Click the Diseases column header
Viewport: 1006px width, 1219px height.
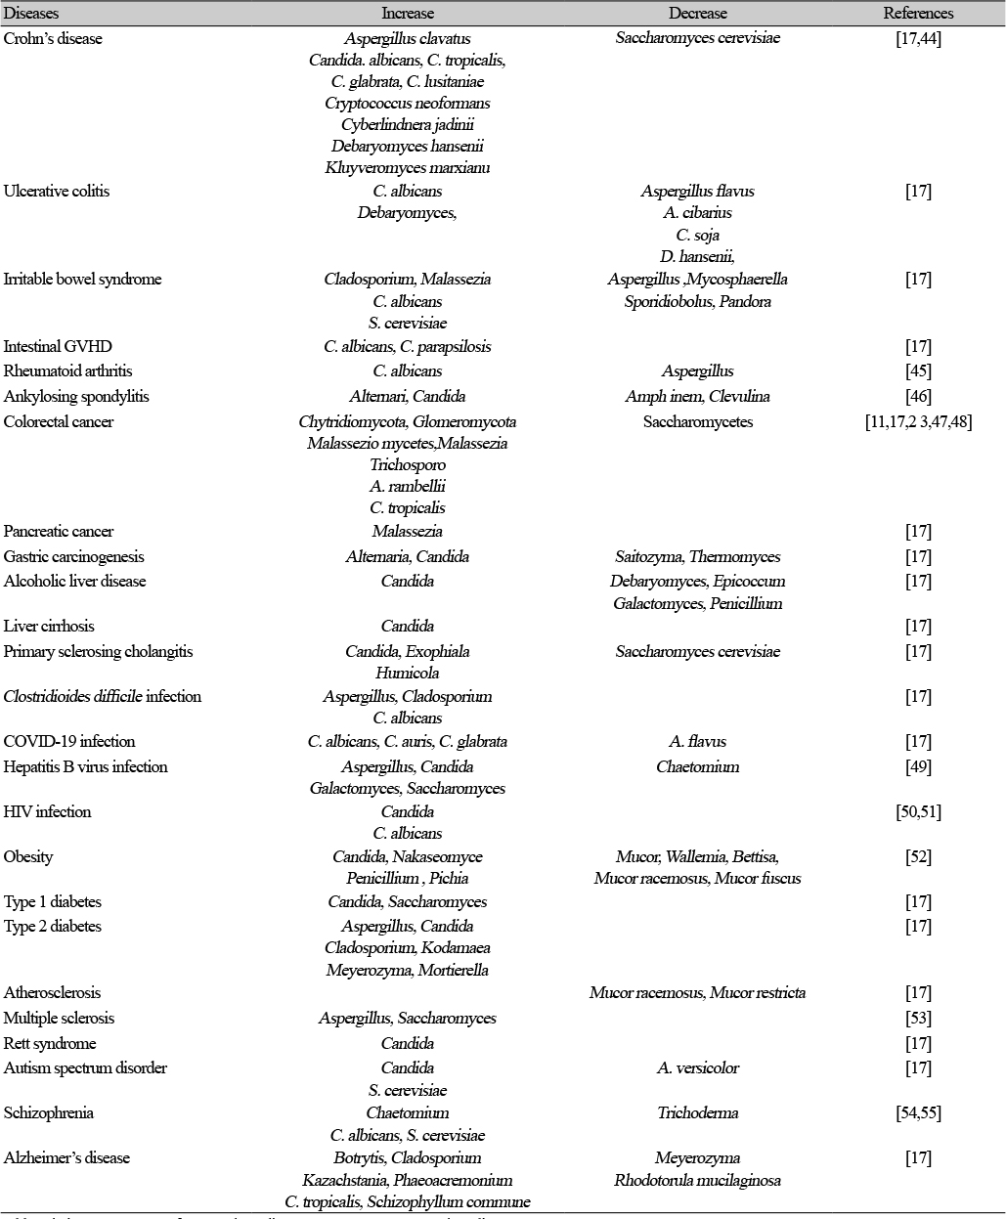point(30,14)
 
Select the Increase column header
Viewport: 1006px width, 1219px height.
point(408,14)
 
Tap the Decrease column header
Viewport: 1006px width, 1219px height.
point(697,14)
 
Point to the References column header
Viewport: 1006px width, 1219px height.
point(918,14)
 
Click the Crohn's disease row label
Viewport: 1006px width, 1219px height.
point(53,38)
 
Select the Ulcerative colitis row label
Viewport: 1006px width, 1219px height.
point(57,191)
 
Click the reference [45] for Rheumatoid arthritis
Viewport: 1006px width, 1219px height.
point(918,370)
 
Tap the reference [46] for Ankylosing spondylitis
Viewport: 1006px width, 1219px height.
point(918,396)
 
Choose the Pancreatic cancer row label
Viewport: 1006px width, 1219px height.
point(59,531)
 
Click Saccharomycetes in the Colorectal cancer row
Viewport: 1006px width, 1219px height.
point(697,421)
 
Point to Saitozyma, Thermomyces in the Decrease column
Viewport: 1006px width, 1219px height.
point(697,556)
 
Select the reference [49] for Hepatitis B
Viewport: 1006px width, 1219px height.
point(918,766)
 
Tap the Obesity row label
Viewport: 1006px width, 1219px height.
point(28,856)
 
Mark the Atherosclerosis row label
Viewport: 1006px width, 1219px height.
point(52,992)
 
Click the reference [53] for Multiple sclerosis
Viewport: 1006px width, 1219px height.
point(918,1018)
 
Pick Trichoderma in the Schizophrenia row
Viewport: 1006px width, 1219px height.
point(697,1112)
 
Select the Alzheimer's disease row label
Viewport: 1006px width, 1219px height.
point(66,1157)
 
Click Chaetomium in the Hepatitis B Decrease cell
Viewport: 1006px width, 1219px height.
point(697,766)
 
